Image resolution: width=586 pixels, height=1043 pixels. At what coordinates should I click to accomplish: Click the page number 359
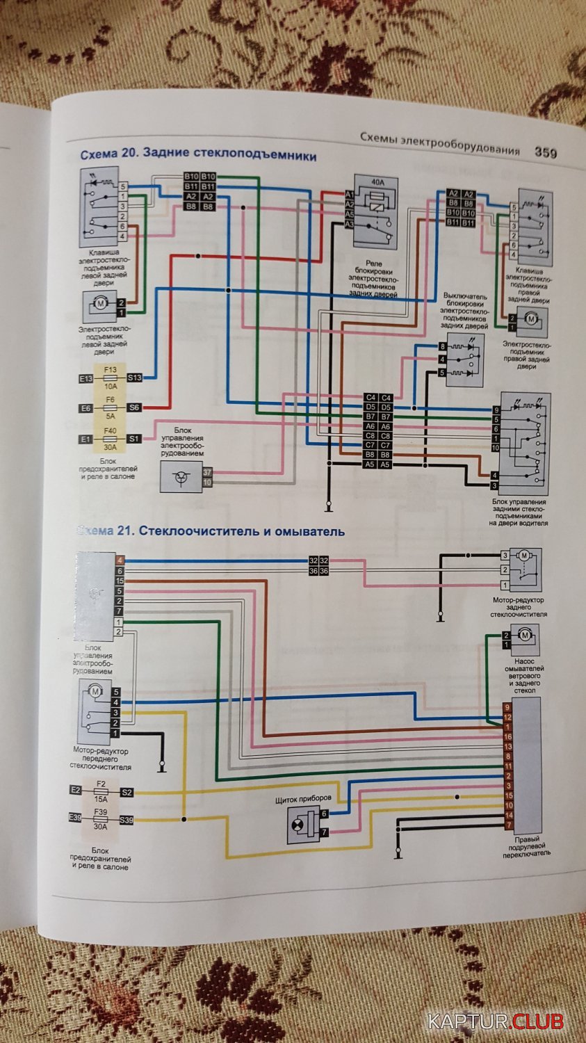(545, 153)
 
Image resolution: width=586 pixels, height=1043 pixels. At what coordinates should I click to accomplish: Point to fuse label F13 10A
(110, 377)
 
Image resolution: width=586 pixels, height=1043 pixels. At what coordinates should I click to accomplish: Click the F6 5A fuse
(110, 407)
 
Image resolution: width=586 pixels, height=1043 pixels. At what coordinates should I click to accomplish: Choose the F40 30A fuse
(110, 439)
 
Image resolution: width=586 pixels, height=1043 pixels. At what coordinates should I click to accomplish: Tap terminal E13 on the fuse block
(86, 378)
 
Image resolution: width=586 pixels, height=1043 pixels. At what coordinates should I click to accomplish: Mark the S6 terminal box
(134, 408)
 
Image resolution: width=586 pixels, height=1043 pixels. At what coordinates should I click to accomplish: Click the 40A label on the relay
(377, 182)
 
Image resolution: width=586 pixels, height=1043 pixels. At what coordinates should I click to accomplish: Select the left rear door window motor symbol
(97, 303)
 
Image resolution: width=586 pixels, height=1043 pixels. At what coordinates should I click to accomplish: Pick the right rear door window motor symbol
(531, 319)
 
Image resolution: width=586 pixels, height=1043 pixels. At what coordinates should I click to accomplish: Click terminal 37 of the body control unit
(206, 472)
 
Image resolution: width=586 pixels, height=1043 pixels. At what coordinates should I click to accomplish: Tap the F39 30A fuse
(101, 820)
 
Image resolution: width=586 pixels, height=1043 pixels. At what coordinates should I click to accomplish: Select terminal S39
(126, 820)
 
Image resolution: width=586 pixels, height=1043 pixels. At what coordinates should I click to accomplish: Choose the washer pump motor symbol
(526, 634)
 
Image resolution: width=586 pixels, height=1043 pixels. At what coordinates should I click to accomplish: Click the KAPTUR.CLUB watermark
(495, 1022)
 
